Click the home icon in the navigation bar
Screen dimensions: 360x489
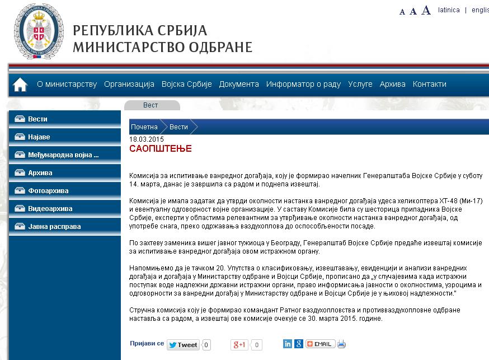[20, 85]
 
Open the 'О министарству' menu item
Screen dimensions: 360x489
[67, 84]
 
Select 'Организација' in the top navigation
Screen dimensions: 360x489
[129, 84]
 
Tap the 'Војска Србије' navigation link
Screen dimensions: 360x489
[186, 84]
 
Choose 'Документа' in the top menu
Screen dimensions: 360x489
[239, 84]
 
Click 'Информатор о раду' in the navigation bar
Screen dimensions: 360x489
[303, 84]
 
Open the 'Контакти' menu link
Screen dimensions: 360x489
[429, 84]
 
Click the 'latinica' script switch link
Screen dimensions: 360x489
[449, 10]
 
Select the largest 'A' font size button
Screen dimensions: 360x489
[426, 10]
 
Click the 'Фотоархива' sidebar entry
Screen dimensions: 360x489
[48, 191]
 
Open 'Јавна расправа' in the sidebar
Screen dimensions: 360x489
[54, 227]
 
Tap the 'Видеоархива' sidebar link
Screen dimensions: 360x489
[50, 209]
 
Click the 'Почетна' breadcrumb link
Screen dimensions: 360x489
[144, 127]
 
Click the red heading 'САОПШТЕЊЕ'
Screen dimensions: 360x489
[161, 149]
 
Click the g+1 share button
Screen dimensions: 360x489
[239, 345]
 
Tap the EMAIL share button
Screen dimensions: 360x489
[320, 344]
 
